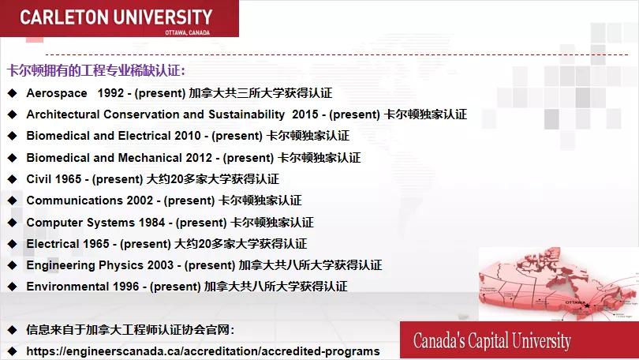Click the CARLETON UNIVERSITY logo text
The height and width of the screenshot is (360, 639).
point(116,17)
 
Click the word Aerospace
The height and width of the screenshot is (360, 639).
point(57,92)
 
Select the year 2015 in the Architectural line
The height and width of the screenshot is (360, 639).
point(305,114)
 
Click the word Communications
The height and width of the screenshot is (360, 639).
point(74,201)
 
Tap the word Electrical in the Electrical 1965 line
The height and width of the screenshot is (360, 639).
point(52,243)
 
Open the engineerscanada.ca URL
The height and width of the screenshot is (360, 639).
point(203,351)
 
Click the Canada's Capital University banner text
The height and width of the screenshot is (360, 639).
point(491,341)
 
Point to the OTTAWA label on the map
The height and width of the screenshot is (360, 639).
point(577,302)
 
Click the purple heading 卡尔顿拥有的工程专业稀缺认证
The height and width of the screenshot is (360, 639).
point(95,71)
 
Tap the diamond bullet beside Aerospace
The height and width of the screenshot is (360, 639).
point(12,92)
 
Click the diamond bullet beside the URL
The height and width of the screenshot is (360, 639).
point(12,351)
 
